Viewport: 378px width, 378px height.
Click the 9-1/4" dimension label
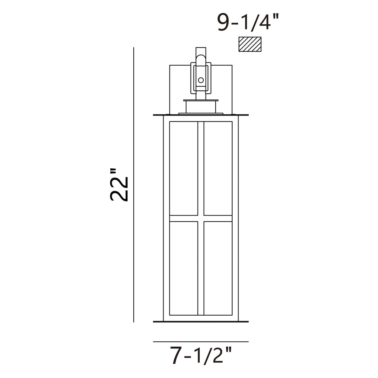(248, 22)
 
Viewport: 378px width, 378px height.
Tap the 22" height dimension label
(119, 185)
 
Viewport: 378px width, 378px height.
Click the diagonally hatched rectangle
(250, 44)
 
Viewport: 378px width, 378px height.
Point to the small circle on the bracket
(201, 80)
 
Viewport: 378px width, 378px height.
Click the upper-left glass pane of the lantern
(184, 168)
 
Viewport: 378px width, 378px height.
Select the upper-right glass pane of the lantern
(218, 168)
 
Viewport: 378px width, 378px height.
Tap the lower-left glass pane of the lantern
(184, 268)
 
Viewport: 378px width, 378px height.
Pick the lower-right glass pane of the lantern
(218, 268)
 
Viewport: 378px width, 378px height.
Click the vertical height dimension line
(134, 185)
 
